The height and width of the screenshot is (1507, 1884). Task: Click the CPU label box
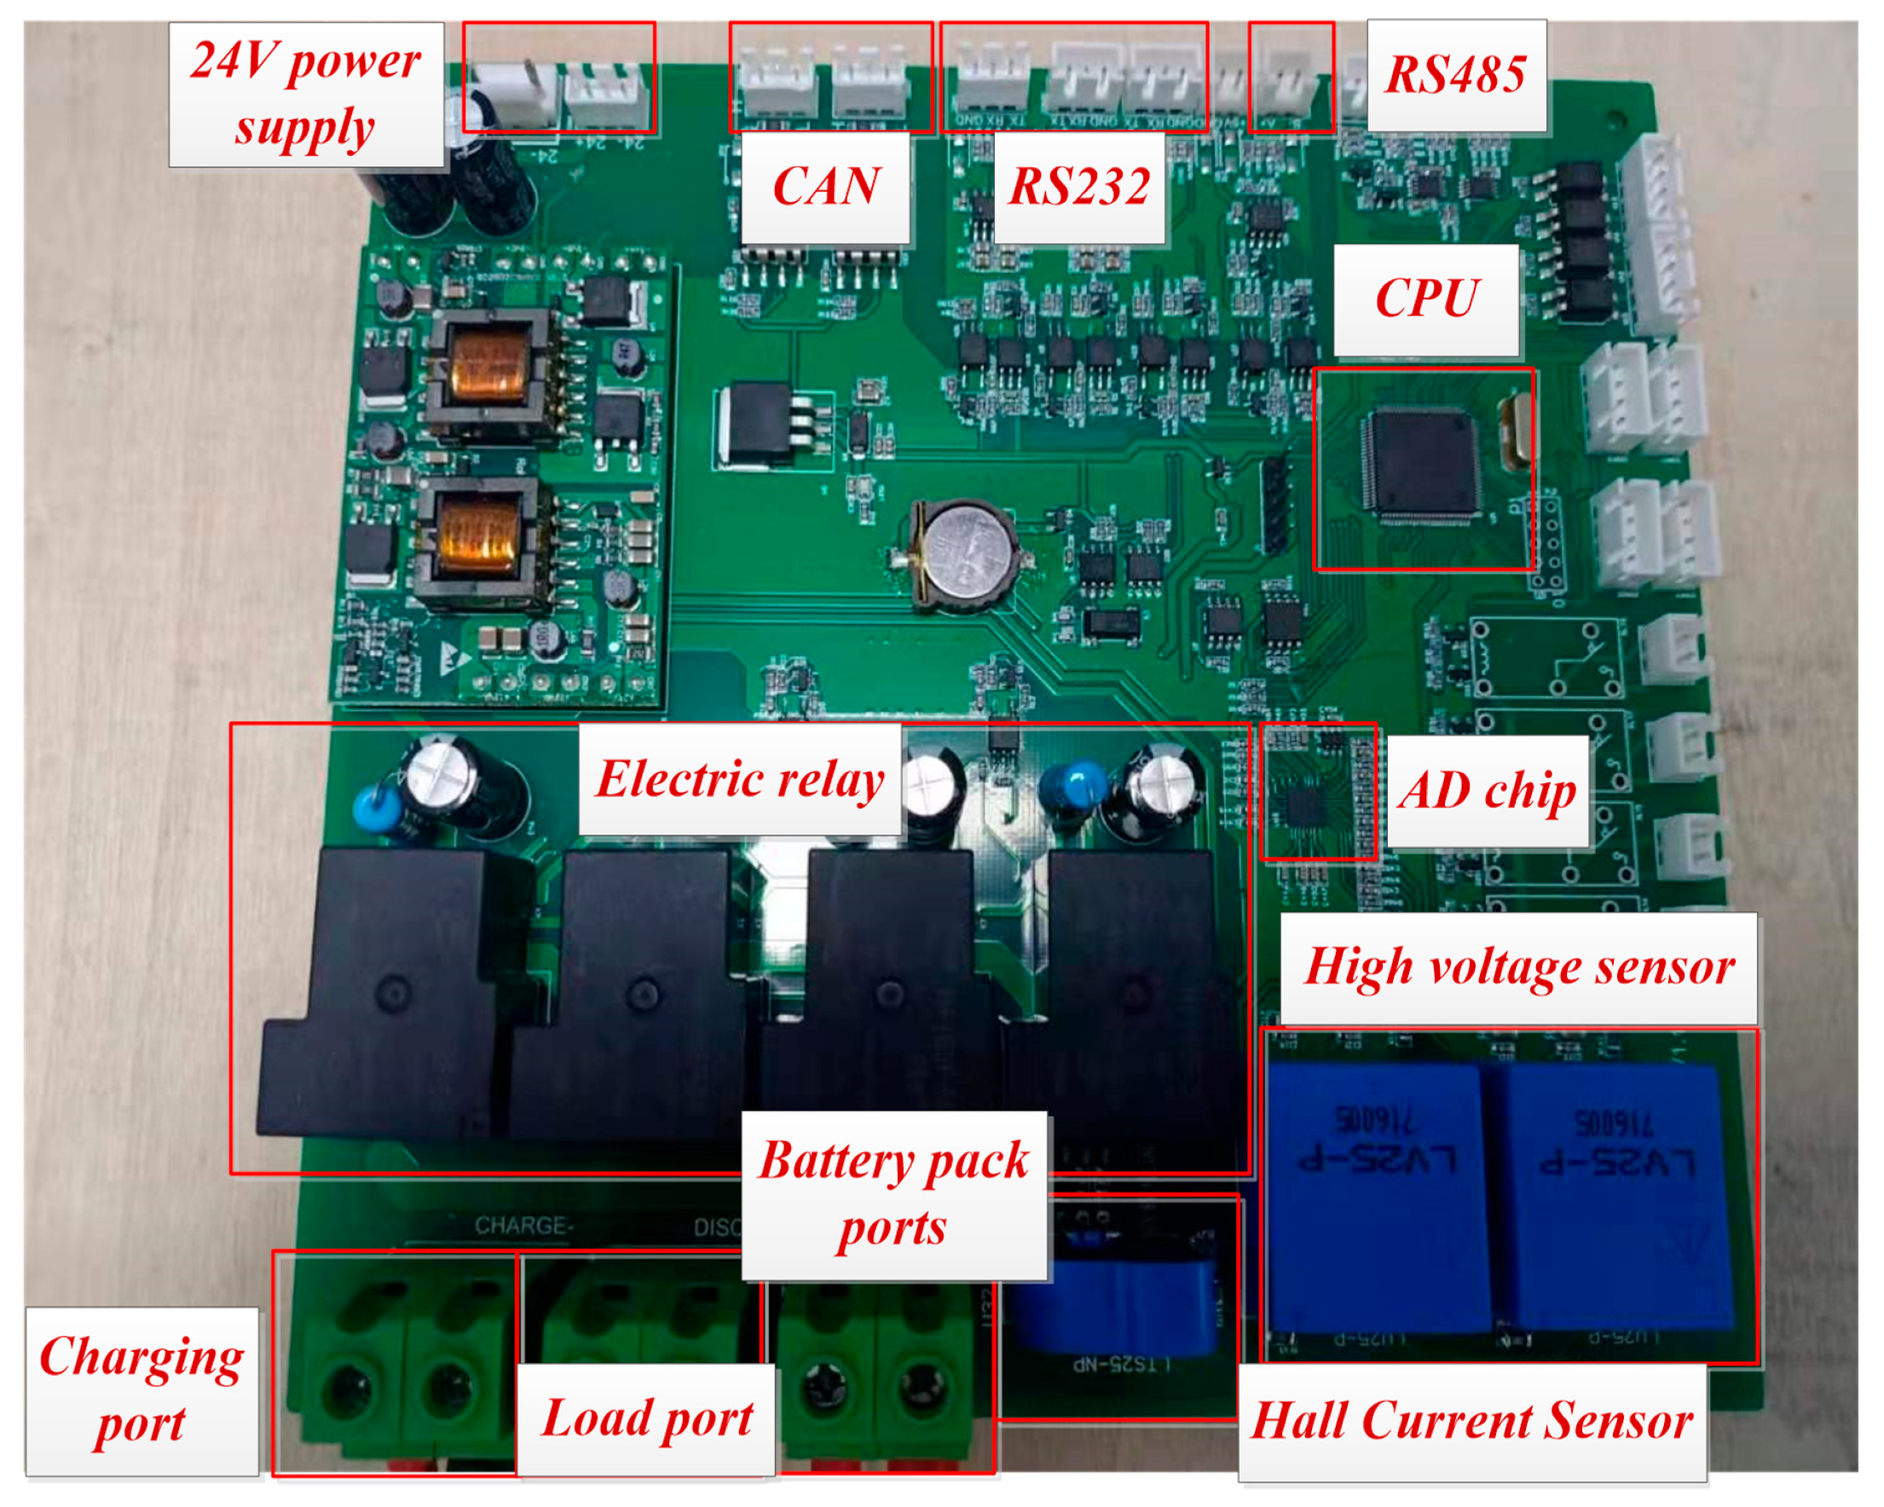click(x=1426, y=299)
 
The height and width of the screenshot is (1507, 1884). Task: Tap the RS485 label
click(x=1456, y=75)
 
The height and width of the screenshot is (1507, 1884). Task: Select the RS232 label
click(x=1079, y=187)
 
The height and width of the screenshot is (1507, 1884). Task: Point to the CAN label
click(x=826, y=187)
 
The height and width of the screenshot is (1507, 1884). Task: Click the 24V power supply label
click(x=306, y=95)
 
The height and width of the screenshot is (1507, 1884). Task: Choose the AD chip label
click(x=1488, y=791)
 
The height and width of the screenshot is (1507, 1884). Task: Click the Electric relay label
click(x=740, y=779)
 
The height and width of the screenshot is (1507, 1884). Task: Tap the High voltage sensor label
click(x=1519, y=968)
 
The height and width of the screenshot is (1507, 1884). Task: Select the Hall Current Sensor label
click(x=1472, y=1422)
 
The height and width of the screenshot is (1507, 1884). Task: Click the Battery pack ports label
click(x=894, y=1195)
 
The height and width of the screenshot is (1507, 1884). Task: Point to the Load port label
click(x=647, y=1418)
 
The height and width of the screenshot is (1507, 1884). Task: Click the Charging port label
click(x=142, y=1391)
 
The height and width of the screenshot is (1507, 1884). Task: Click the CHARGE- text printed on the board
click(x=523, y=1226)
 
